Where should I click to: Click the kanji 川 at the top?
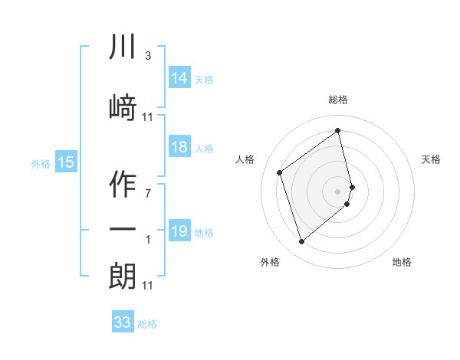point(123,48)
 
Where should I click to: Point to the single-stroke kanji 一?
point(123,230)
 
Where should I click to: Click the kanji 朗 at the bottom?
point(123,276)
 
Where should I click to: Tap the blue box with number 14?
point(179,79)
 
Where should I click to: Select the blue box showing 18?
point(179,148)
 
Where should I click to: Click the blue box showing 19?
point(179,232)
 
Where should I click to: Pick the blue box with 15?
point(65,162)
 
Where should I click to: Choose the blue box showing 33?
point(122,322)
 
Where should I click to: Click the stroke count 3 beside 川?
point(147,56)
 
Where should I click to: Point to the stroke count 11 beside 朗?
point(148,286)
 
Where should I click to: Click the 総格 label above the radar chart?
point(338,100)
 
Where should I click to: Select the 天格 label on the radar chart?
point(431,159)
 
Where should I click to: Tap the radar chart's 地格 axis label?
point(402,262)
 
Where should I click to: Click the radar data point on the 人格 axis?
point(280,172)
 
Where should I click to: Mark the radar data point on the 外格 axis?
point(302,242)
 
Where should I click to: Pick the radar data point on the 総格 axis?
point(338,130)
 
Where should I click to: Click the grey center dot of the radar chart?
point(338,191)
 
